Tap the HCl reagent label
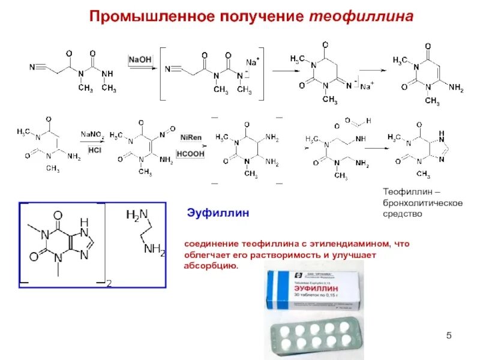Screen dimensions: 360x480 point(94,150)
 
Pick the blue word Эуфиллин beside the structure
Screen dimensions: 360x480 point(218,213)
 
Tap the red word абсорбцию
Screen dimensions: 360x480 point(211,265)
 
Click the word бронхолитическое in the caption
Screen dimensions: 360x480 point(422,202)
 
